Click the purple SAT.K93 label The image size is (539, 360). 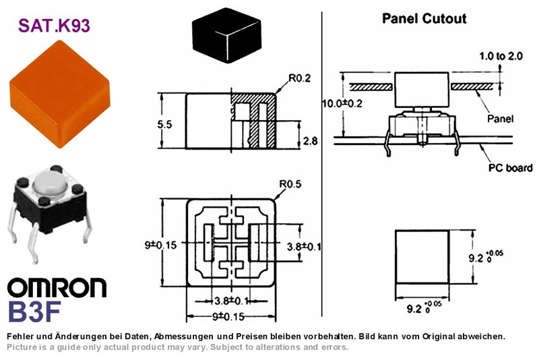54,26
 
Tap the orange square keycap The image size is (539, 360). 60,94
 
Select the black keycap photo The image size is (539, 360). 226,36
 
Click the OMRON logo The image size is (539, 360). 57,288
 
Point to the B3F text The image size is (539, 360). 34,311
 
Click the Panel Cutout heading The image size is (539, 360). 424,19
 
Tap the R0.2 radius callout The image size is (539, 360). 299,78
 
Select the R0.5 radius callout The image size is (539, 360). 290,184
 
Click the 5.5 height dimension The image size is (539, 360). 164,124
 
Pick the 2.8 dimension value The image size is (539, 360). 310,141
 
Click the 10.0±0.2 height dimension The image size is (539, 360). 342,103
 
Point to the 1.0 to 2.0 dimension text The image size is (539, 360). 501,56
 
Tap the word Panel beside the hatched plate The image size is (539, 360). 500,119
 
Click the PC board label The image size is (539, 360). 511,168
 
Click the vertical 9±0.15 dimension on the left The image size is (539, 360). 160,245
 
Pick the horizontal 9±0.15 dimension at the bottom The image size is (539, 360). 228,316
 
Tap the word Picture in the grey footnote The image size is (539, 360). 20,347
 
